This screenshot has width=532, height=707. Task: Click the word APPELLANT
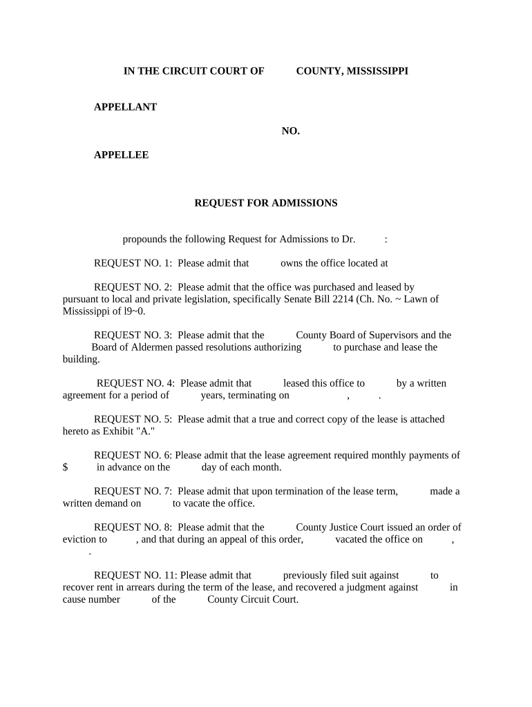pos(125,107)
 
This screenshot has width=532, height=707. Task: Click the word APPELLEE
pos(121,155)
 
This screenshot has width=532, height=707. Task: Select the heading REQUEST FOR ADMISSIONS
pos(265,203)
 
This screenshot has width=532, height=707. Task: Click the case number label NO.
pos(290,131)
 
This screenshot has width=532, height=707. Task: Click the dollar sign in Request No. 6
pos(65,467)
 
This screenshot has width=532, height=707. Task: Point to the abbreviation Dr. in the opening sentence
pos(348,240)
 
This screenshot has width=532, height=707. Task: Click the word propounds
pos(146,240)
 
